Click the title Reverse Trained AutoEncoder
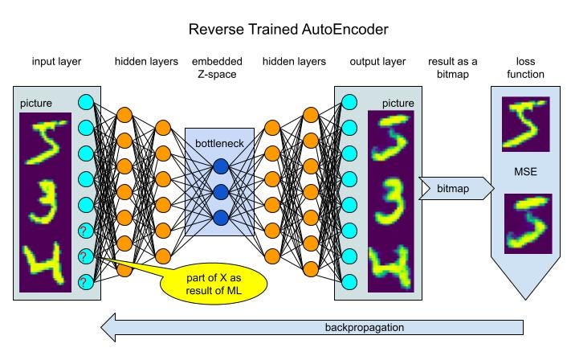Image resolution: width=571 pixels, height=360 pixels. [288, 30]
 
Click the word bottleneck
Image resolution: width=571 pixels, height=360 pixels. [219, 142]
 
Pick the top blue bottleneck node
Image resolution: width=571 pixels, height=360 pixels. [220, 166]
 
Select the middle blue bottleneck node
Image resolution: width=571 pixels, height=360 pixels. [220, 192]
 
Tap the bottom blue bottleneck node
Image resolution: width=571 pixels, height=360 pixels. [220, 217]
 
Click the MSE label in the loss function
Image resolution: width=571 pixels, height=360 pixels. [525, 172]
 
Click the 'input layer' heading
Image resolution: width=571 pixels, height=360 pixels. [57, 62]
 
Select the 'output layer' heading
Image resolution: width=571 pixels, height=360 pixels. [377, 62]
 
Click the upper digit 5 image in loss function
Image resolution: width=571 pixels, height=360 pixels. [525, 125]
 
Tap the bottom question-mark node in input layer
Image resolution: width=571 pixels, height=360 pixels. [86, 282]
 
